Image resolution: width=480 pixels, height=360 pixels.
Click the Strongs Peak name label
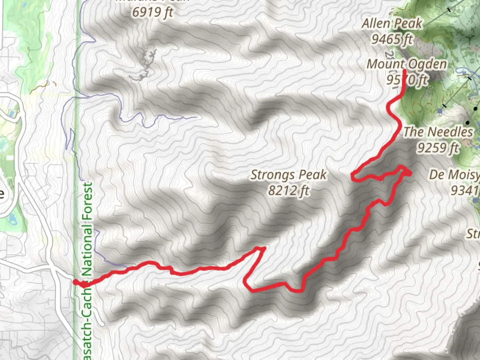(x=288, y=175)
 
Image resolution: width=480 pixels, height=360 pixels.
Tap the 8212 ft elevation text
(x=289, y=191)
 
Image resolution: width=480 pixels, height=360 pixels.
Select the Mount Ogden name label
(x=407, y=64)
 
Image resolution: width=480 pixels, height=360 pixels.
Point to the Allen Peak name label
(x=392, y=24)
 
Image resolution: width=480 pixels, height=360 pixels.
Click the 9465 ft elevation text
(x=392, y=39)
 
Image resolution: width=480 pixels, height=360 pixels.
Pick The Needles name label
(x=438, y=132)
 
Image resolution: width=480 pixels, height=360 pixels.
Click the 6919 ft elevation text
(x=153, y=12)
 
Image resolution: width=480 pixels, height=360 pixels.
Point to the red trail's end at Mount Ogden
(x=404, y=71)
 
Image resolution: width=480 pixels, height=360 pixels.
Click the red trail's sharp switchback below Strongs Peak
(x=263, y=248)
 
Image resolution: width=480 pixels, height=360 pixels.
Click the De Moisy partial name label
(x=454, y=175)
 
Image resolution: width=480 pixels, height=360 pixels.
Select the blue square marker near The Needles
(x=440, y=111)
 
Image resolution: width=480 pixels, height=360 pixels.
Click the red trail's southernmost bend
(x=300, y=291)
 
